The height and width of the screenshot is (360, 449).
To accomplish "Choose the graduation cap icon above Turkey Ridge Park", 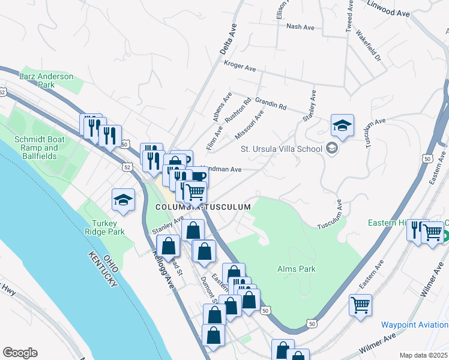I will (x=123, y=201).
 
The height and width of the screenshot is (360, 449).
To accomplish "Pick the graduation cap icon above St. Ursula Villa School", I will (x=342, y=125).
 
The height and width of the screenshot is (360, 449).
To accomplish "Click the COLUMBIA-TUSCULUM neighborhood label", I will (x=202, y=206).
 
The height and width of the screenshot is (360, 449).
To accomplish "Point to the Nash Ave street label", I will (x=301, y=27).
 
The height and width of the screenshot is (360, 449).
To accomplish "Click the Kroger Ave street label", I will (x=240, y=64).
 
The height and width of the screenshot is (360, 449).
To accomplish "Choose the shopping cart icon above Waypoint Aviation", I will (x=360, y=305).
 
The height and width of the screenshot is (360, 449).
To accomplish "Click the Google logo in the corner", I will (x=20, y=352).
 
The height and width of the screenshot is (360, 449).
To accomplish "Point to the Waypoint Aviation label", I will (x=414, y=324).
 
